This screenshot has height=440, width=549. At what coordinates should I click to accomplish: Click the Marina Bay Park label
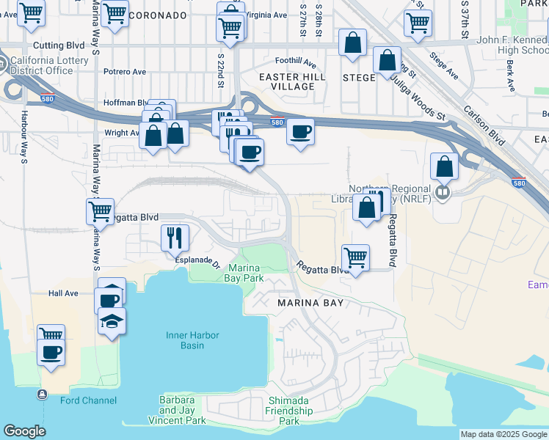243,274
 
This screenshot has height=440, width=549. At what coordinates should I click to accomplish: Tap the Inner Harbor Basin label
184,340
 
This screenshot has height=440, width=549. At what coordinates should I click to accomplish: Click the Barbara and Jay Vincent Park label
177,410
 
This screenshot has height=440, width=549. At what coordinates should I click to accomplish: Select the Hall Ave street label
63,293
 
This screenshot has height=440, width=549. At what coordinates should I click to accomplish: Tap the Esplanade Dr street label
197,260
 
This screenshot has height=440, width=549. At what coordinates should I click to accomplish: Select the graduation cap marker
112,321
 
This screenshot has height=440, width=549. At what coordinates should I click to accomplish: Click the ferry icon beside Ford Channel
42,395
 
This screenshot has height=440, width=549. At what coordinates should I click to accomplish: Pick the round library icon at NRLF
442,194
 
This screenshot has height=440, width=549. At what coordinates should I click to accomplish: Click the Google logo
24,432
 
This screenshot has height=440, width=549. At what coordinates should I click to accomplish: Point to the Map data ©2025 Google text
503,434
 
